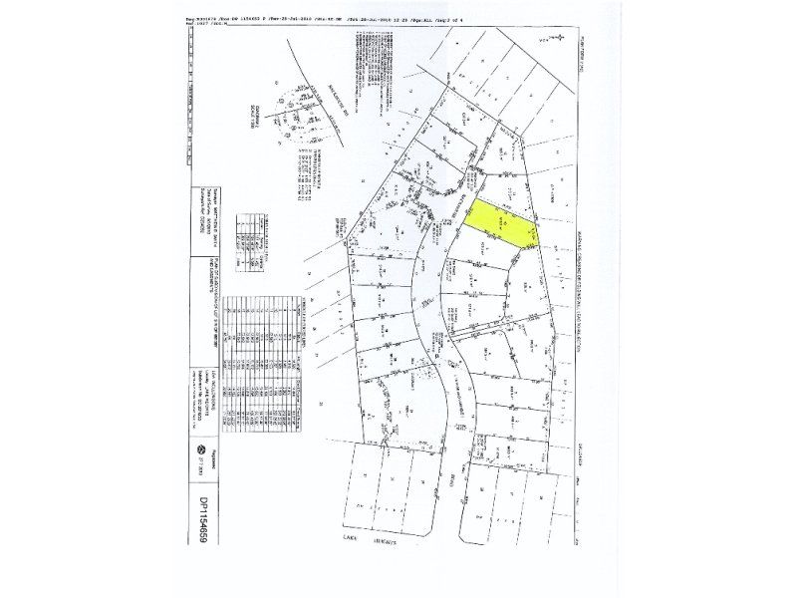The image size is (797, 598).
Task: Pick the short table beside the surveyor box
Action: click(x=243, y=245)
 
